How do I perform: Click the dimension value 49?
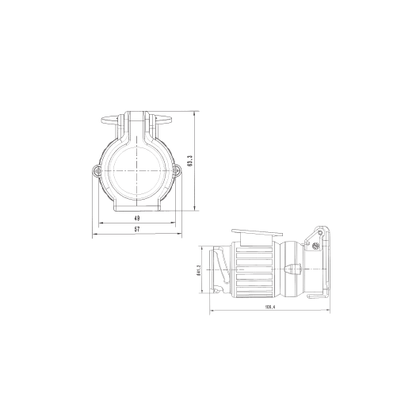(137, 218)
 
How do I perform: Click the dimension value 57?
(137, 229)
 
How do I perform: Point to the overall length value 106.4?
(269, 306)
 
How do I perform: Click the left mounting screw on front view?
(96, 170)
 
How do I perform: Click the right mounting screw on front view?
(178, 170)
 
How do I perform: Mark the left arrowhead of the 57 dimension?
(95, 235)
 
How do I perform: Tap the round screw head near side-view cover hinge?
(316, 245)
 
